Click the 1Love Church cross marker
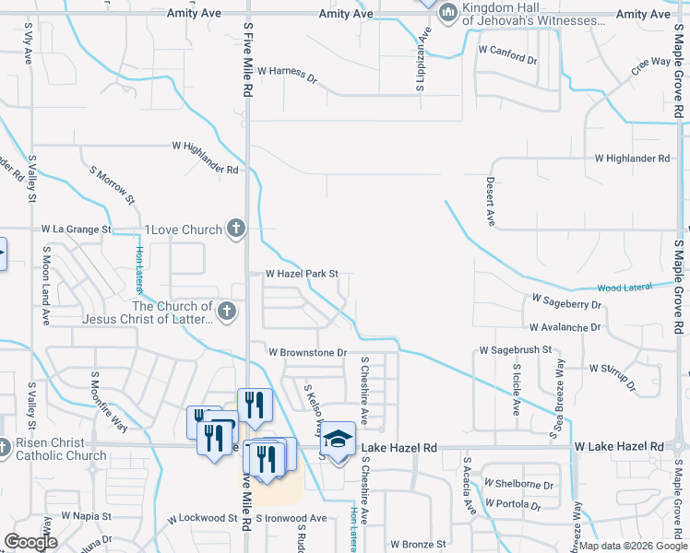point(236,229)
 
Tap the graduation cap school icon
point(338,439)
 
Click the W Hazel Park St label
point(303,274)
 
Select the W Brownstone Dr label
point(307,352)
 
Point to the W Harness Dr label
point(287,71)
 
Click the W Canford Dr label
point(506,53)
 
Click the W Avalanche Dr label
point(565,327)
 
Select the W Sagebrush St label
point(515,350)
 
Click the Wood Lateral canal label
point(625,288)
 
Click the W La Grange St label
point(76,229)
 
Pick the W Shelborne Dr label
point(523,485)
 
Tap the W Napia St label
point(86,517)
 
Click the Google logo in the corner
point(30,542)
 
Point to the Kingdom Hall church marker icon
point(448,12)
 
